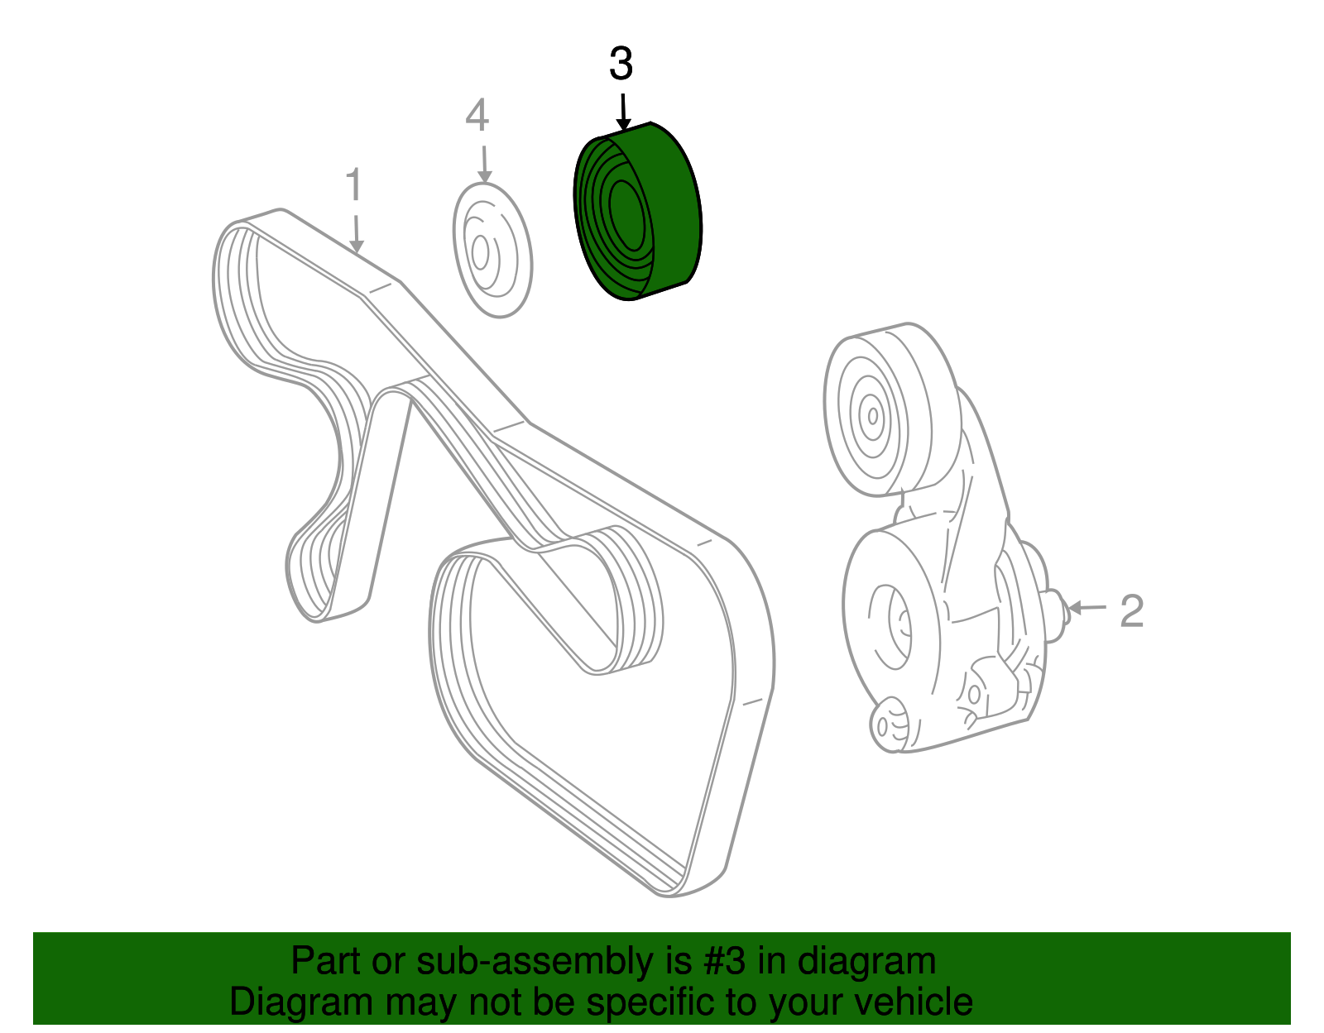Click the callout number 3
(621, 64)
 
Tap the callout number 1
(354, 184)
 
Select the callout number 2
(1131, 611)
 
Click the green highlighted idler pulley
(637, 211)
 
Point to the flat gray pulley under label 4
(492, 250)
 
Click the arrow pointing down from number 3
(623, 112)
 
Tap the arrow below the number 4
(484, 164)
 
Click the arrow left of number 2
(1087, 608)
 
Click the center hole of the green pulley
(627, 215)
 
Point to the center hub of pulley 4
(480, 252)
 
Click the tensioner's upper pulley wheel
(893, 410)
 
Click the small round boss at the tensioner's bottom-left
(889, 725)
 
